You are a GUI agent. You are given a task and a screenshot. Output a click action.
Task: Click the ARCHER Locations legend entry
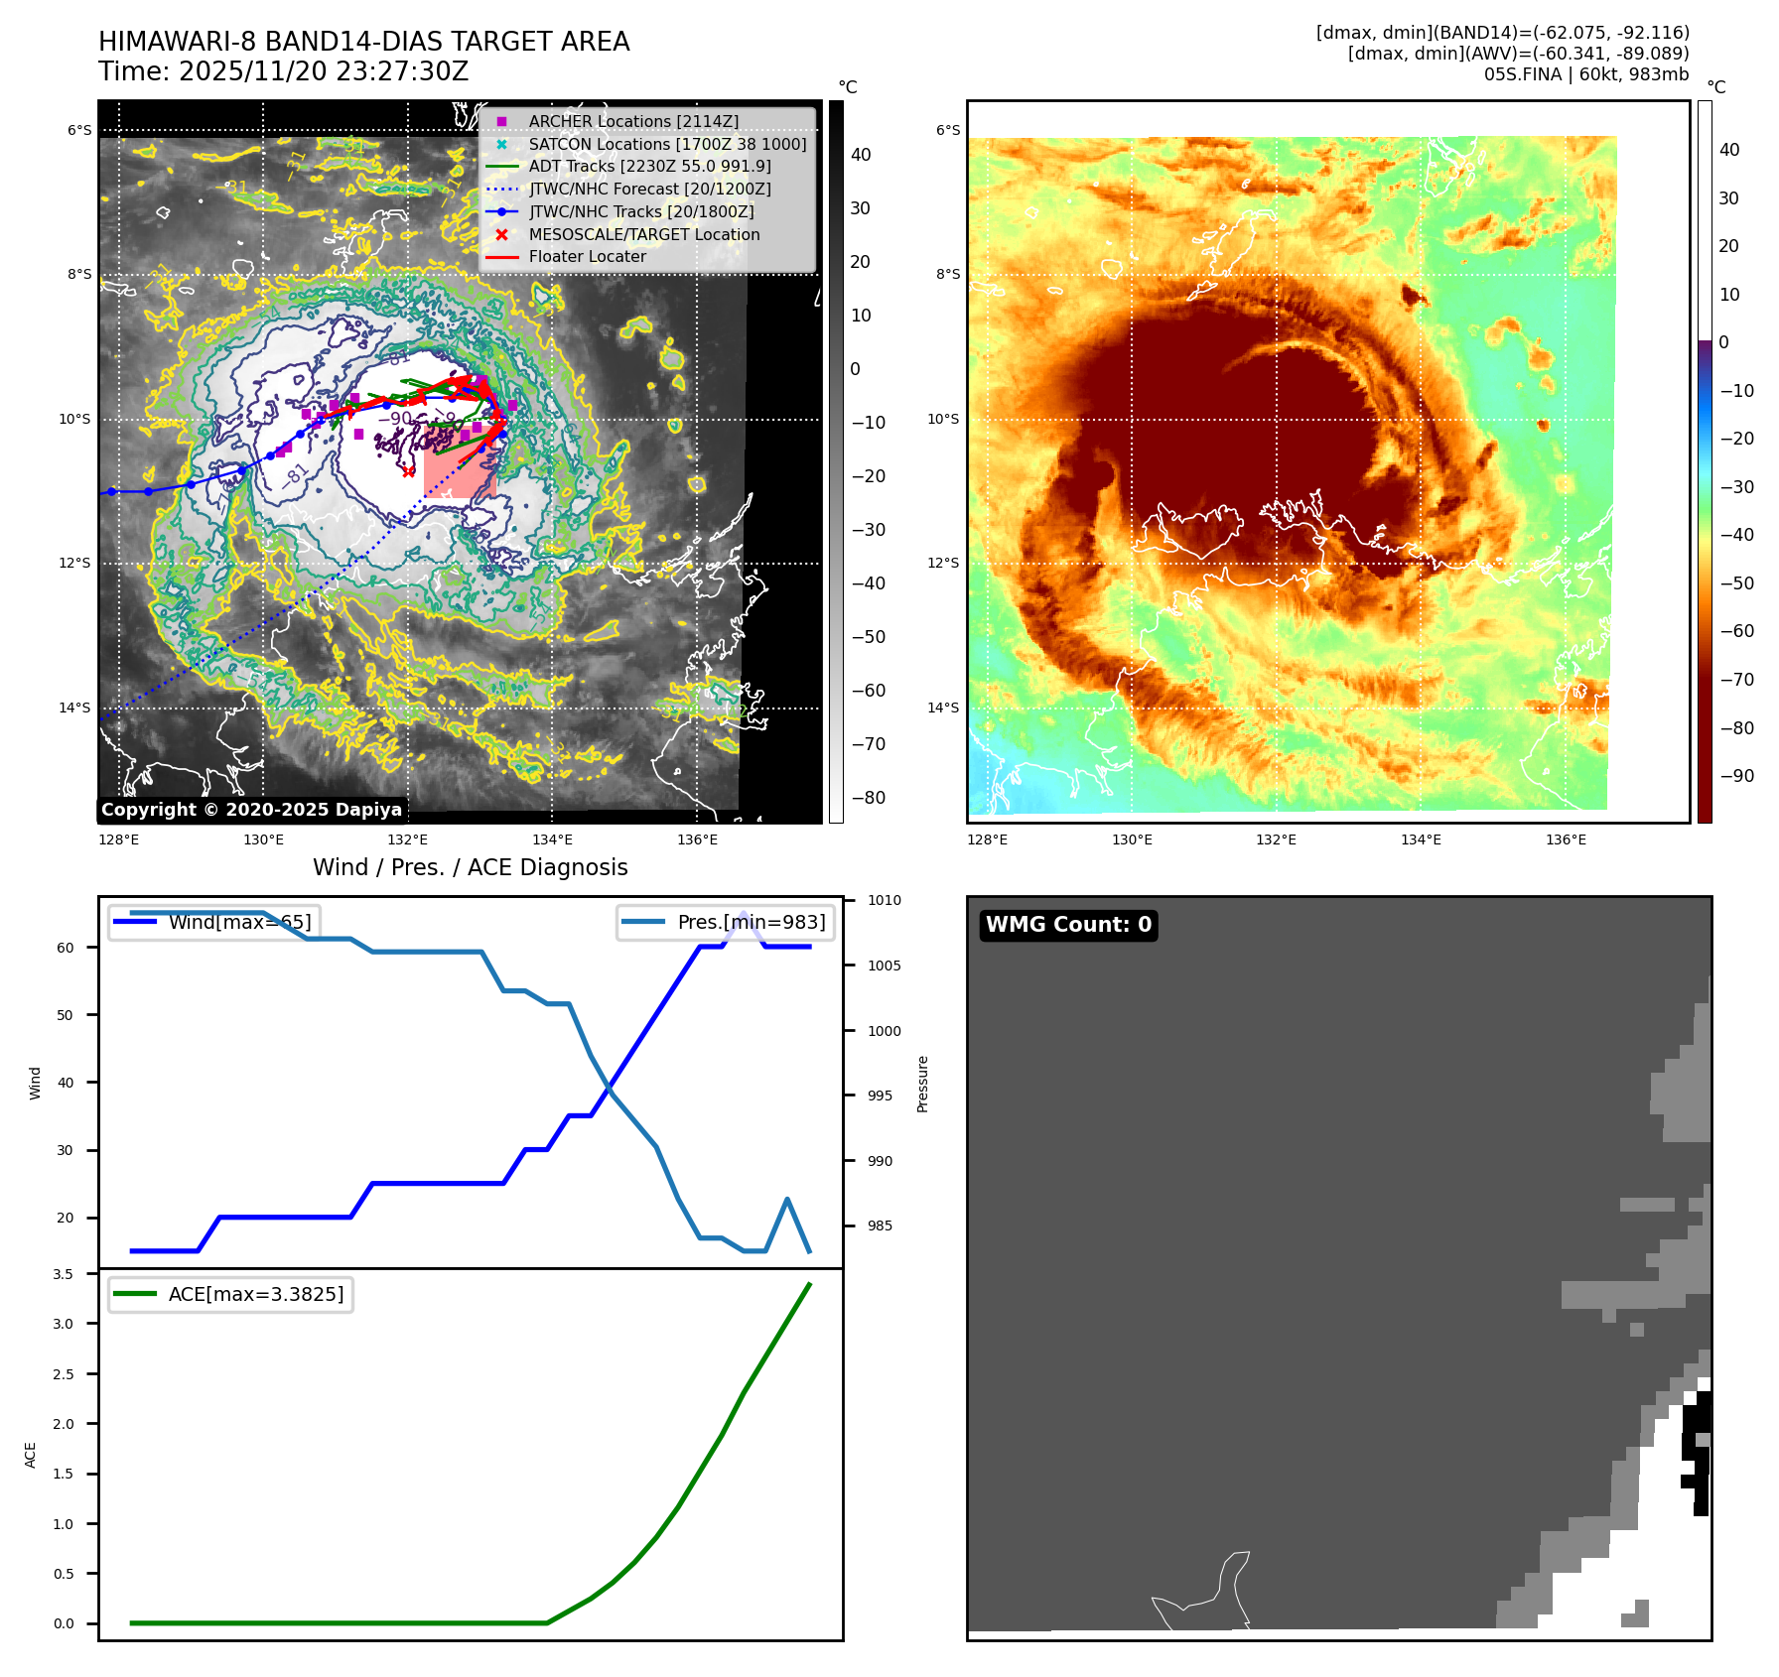[x=633, y=121]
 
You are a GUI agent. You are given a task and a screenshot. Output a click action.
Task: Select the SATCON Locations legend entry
[x=667, y=144]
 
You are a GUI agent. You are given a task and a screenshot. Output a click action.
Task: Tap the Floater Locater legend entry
[x=587, y=256]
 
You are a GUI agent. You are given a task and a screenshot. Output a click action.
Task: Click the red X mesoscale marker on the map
[x=409, y=471]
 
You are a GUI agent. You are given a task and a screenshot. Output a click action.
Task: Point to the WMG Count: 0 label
[x=1068, y=925]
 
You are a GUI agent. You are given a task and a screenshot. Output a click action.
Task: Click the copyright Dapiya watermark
[x=252, y=810]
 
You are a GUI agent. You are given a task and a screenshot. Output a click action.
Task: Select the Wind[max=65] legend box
[x=214, y=922]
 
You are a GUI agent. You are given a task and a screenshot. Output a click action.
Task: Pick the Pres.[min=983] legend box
[x=726, y=922]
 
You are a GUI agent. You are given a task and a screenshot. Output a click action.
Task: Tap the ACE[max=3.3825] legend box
[x=230, y=1294]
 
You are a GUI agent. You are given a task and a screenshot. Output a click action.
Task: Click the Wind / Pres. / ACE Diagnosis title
[x=471, y=867]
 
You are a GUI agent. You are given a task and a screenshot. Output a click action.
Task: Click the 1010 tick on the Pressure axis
[x=884, y=901]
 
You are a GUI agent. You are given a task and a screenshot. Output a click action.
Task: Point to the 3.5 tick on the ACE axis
[x=63, y=1274]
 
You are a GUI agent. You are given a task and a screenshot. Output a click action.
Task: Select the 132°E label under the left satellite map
[x=407, y=840]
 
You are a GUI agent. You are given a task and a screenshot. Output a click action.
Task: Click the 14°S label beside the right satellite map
[x=943, y=708]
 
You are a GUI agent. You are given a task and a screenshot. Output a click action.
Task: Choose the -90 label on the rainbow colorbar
[x=1736, y=776]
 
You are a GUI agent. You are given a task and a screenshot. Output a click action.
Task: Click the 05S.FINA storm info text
[x=1585, y=74]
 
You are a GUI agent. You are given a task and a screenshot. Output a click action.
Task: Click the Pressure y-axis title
[x=922, y=1084]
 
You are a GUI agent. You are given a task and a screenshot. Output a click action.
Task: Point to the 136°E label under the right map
[x=1566, y=840]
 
